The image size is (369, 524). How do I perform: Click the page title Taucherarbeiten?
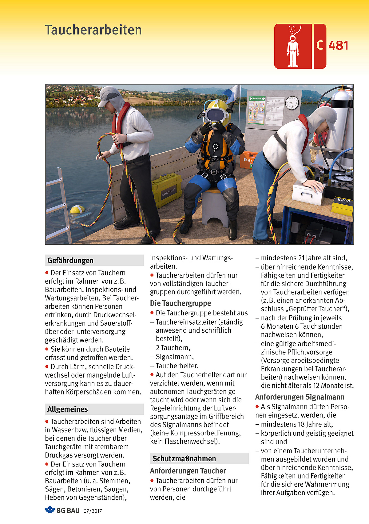tap(93, 30)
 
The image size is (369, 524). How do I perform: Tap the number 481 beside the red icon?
tap(338, 46)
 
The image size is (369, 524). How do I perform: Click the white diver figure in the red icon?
tap(292, 49)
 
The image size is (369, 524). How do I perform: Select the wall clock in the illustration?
tap(292, 103)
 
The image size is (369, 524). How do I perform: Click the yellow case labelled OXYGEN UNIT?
tap(167, 190)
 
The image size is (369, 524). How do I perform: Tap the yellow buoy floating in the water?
tap(77, 210)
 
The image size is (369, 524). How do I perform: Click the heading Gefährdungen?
tap(70, 261)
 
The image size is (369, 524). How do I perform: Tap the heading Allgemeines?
tap(68, 410)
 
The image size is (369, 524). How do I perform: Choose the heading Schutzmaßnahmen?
tap(184, 459)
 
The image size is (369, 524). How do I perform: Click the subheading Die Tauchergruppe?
tap(181, 303)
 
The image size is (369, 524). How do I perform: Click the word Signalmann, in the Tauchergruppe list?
tap(175, 357)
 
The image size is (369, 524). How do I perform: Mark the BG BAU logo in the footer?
tap(62, 510)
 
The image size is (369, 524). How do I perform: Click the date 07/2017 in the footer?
tap(93, 511)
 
